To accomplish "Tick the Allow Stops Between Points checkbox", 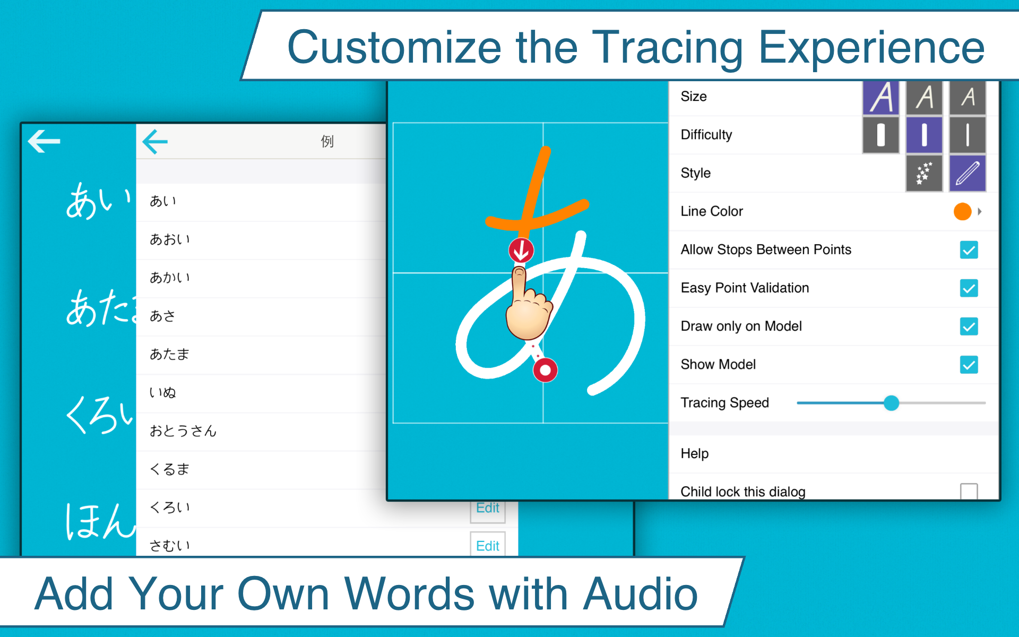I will (x=969, y=250).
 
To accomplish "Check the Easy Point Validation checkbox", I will (x=969, y=288).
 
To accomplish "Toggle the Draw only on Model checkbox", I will (x=969, y=326).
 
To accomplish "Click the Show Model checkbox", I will (x=969, y=365).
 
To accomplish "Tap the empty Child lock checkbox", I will (x=969, y=491).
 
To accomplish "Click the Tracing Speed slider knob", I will (x=891, y=403).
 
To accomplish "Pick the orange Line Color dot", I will (x=962, y=211).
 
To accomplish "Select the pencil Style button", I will (x=967, y=173).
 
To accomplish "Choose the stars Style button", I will (x=924, y=173).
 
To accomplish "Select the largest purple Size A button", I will (x=881, y=98).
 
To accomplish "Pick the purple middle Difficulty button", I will (x=924, y=135).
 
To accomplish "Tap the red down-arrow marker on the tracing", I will (x=521, y=250).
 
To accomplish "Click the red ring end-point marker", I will (x=545, y=370).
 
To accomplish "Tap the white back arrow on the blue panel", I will (x=44, y=141).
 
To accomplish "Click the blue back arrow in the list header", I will (x=155, y=142).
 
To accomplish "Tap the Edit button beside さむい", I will (x=487, y=546).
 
